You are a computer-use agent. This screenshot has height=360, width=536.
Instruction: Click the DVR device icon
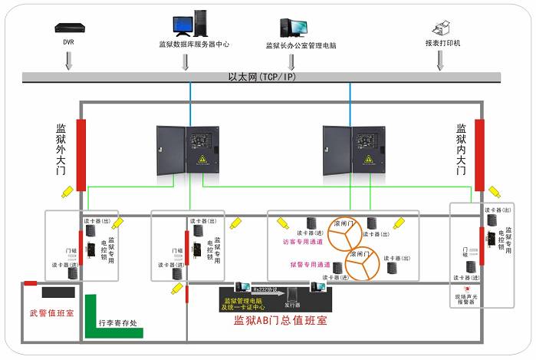coord(68,28)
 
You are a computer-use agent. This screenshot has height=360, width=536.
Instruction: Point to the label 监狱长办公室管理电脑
coord(301,46)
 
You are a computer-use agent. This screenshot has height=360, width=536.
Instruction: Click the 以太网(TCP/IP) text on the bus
coord(261,78)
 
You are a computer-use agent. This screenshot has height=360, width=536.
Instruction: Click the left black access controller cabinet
coord(187,150)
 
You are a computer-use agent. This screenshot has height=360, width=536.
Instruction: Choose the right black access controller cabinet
coord(353,150)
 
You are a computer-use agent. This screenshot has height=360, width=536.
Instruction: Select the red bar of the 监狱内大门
coord(479,154)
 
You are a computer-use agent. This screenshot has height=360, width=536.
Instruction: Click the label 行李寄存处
coord(120,324)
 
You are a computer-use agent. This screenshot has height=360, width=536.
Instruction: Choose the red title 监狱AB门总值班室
coord(281,321)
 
